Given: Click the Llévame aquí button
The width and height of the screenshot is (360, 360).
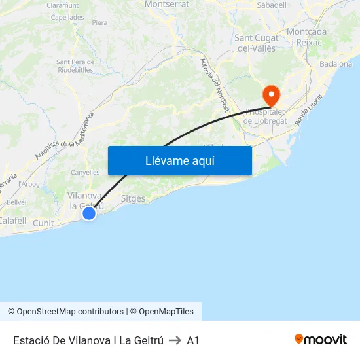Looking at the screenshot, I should [x=179, y=161].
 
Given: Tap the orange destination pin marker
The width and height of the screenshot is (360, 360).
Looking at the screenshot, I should [x=270, y=96].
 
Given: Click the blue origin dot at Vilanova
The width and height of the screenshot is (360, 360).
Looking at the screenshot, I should [x=89, y=213].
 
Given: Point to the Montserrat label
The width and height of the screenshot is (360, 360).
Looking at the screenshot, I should [x=166, y=4].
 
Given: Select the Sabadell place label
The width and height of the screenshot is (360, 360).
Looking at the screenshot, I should [x=272, y=5].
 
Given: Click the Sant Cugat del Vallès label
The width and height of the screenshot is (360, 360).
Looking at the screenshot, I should [x=256, y=43].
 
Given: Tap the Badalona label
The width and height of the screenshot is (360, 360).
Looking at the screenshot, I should [x=336, y=64].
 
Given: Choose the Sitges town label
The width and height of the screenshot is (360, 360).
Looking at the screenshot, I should [x=134, y=198].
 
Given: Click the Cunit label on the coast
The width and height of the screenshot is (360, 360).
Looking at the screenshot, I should [x=43, y=223].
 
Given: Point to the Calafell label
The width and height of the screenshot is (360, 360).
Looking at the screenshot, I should [x=12, y=221].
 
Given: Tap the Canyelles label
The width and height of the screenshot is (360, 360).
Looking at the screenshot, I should [x=85, y=173].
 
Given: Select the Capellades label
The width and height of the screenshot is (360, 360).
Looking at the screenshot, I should [x=67, y=18].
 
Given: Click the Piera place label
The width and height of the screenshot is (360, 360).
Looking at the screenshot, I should [x=99, y=22].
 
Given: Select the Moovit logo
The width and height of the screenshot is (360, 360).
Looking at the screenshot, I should [x=320, y=340].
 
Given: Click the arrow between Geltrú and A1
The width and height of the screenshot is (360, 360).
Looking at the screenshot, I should [x=175, y=340].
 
